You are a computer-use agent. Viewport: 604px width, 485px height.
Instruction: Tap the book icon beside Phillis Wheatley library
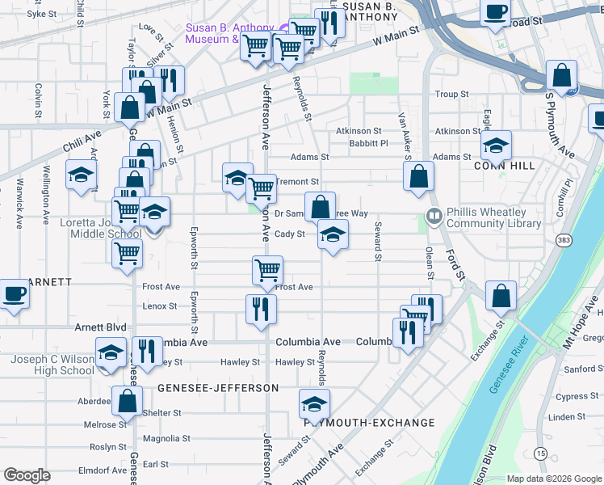point(434,216)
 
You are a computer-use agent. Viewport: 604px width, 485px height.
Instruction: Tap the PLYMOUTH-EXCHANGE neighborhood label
point(369,423)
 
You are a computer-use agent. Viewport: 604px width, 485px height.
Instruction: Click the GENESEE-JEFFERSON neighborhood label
point(218,388)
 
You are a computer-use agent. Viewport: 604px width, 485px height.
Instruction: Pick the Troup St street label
point(452,95)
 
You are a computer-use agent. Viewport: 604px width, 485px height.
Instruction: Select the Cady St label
point(289,234)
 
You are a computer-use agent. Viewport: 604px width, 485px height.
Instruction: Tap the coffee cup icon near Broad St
point(495,11)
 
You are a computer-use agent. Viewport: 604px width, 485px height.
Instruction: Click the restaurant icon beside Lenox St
point(261,308)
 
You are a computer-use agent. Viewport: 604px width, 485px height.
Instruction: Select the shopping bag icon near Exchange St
point(501,295)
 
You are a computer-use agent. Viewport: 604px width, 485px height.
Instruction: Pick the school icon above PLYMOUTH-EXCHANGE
point(315,403)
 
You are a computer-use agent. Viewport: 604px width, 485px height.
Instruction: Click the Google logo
point(27,475)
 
